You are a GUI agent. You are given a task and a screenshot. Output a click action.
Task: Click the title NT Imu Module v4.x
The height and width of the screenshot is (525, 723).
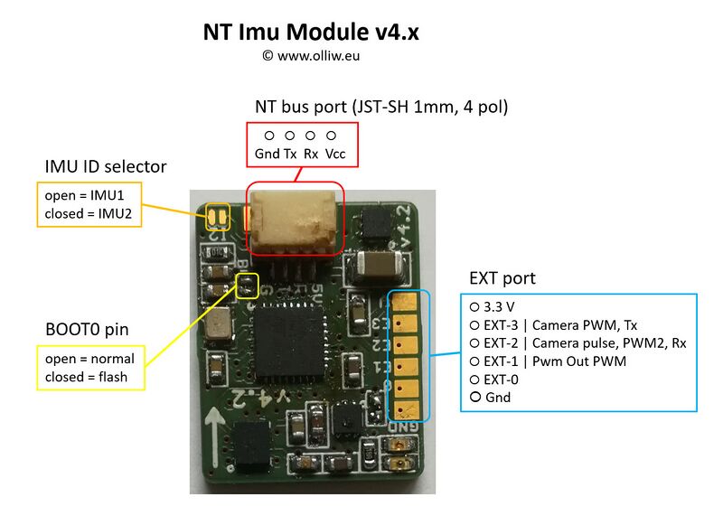pyautogui.click(x=311, y=33)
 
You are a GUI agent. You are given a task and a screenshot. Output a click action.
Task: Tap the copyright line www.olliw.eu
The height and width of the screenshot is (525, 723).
pyautogui.click(x=313, y=55)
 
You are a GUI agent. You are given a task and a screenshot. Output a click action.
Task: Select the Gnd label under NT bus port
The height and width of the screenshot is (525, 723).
pyautogui.click(x=267, y=154)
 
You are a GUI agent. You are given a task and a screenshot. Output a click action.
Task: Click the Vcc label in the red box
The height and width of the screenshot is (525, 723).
pyautogui.click(x=334, y=154)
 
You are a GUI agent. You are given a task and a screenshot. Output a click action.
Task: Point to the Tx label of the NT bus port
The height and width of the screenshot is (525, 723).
pyautogui.click(x=290, y=154)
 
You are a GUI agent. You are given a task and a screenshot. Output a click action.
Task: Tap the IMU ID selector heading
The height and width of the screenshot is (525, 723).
pyautogui.click(x=106, y=166)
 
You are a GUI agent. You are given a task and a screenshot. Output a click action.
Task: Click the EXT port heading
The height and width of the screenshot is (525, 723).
pyautogui.click(x=502, y=277)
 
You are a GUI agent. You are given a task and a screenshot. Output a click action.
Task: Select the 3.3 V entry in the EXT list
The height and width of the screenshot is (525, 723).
pyautogui.click(x=499, y=306)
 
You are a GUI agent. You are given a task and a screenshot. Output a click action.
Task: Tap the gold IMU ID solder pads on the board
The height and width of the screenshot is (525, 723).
pyautogui.click(x=218, y=218)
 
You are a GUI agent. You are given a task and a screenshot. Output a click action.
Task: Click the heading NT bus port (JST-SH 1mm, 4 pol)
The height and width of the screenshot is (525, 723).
pyautogui.click(x=381, y=107)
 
